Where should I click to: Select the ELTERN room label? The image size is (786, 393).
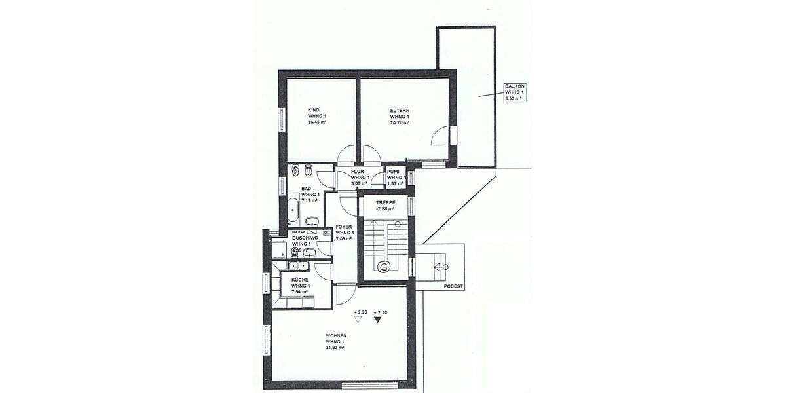tap(399, 109)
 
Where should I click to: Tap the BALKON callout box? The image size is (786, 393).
tap(514, 92)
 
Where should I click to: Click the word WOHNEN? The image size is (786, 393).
tap(335, 336)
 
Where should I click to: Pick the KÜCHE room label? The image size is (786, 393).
tap(301, 280)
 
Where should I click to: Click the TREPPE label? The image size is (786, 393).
tap(386, 202)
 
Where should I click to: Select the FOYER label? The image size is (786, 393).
tap(345, 226)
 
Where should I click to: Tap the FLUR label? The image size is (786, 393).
tap(357, 171)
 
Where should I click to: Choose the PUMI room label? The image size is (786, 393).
tap(393, 171)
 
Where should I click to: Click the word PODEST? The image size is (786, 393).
tap(453, 286)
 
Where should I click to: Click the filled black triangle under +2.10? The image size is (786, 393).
tap(377, 321)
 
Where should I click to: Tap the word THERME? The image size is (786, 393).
tap(299, 232)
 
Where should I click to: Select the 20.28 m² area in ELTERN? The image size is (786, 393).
tap(399, 122)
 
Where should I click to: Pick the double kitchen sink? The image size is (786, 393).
tap(299, 265)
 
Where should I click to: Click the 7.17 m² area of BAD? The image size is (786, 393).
tap(309, 200)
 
